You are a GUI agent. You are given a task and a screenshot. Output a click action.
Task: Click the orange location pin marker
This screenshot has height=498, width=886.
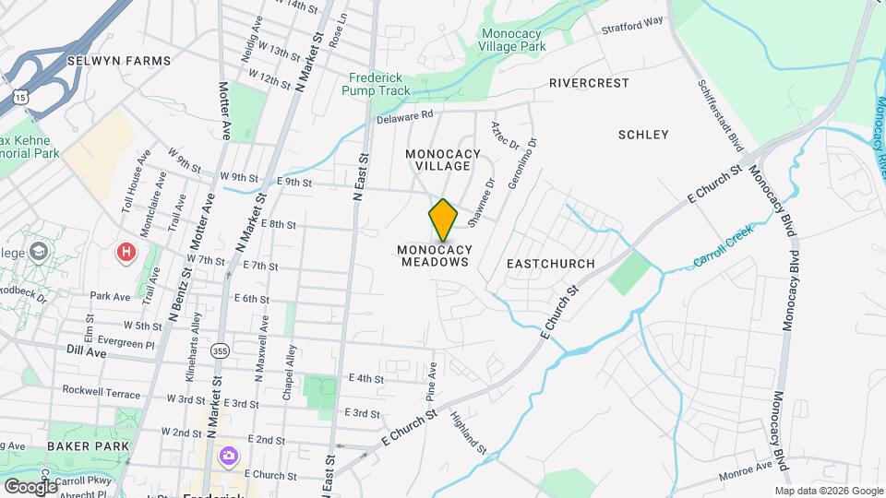click(x=443, y=219)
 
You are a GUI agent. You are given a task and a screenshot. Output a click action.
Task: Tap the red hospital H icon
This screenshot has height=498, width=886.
click(x=125, y=252)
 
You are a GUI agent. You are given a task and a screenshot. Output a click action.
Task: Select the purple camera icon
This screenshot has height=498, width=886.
click(x=227, y=456)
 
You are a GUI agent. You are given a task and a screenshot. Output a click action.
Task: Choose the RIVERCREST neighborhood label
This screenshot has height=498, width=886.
click(x=589, y=83)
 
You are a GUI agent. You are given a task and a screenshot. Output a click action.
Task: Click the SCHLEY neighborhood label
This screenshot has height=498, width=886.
click(x=642, y=135)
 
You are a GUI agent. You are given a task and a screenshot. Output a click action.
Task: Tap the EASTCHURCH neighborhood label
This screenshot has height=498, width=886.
click(x=551, y=264)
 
